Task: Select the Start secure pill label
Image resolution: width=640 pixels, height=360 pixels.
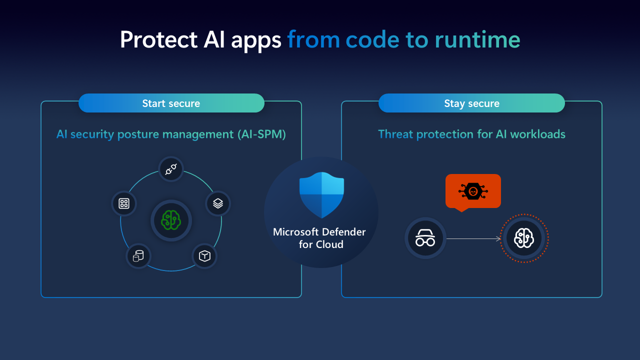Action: pos(171,103)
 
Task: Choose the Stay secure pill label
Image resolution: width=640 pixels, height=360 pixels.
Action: pos(471,103)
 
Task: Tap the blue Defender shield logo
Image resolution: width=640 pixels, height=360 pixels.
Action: pos(321,195)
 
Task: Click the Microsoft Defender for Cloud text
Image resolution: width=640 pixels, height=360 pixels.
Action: pos(319,238)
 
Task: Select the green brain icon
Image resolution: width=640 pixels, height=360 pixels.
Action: pos(171,220)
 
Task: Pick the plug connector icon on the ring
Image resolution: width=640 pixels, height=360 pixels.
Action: pos(171,169)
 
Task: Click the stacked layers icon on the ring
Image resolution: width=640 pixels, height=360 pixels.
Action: pos(218,203)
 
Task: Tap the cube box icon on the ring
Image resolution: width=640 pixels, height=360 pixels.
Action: pos(204,256)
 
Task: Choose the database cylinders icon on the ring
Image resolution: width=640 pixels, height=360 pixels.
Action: pos(138,256)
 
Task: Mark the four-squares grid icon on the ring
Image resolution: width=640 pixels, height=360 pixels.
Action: pos(124,203)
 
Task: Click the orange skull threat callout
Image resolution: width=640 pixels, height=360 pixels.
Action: pos(473,191)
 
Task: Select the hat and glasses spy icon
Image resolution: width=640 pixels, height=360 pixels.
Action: pos(425,238)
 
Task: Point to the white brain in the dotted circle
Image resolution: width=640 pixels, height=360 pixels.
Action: pos(524,238)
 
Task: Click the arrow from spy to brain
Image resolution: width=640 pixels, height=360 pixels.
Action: pos(473,238)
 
